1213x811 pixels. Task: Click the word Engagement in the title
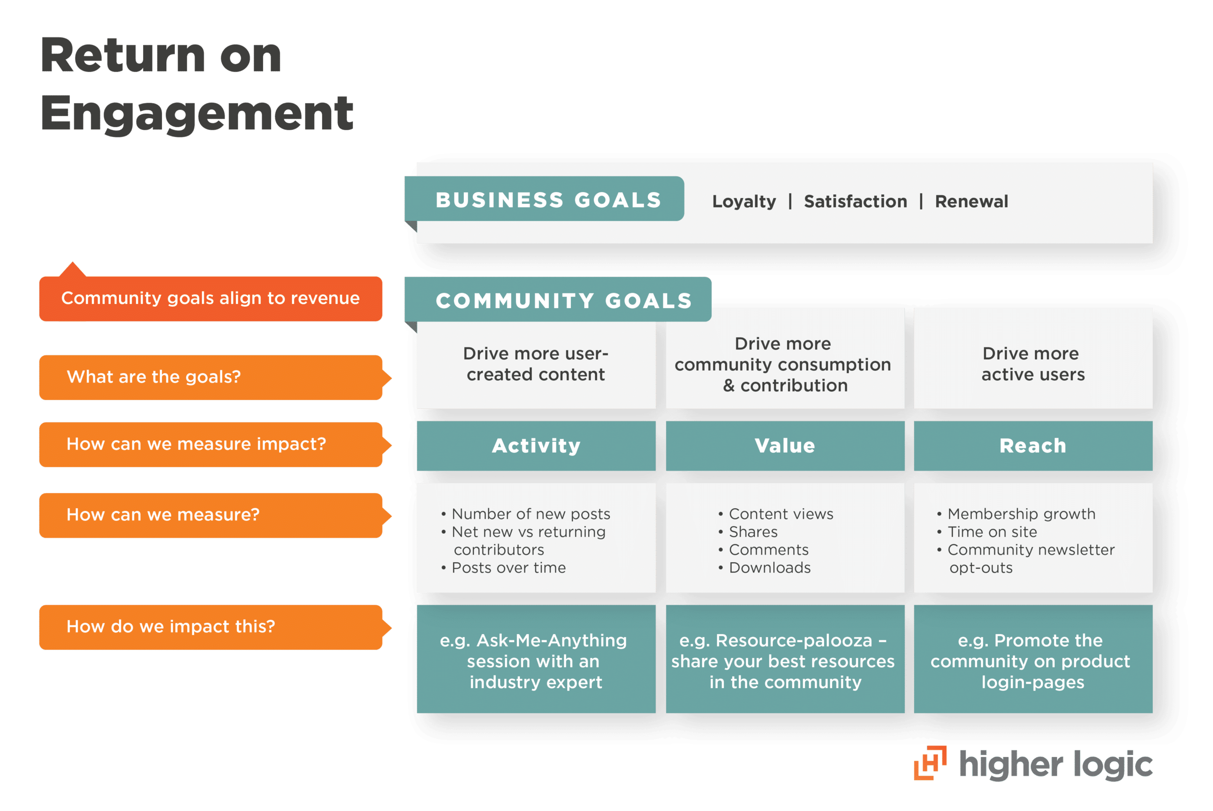197,114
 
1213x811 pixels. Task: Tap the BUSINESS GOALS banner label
548,200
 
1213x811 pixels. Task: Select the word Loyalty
743,201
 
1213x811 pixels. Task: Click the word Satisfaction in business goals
855,201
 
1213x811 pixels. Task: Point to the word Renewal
971,201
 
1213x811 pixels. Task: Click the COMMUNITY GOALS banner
563,301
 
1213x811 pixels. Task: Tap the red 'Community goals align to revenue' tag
210,299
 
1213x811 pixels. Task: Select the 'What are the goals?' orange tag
210,377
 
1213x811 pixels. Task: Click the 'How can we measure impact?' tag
210,444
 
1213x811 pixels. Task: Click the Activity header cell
536,446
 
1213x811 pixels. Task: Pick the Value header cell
785,446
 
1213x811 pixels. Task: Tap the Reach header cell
1032,446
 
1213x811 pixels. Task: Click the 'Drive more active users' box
1032,364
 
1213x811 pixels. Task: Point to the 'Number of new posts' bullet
531,514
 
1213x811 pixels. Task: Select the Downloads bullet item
769,568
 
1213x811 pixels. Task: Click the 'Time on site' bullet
992,532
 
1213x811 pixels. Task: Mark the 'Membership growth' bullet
1021,514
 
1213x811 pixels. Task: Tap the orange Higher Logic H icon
930,763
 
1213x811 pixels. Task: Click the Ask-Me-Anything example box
536,661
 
